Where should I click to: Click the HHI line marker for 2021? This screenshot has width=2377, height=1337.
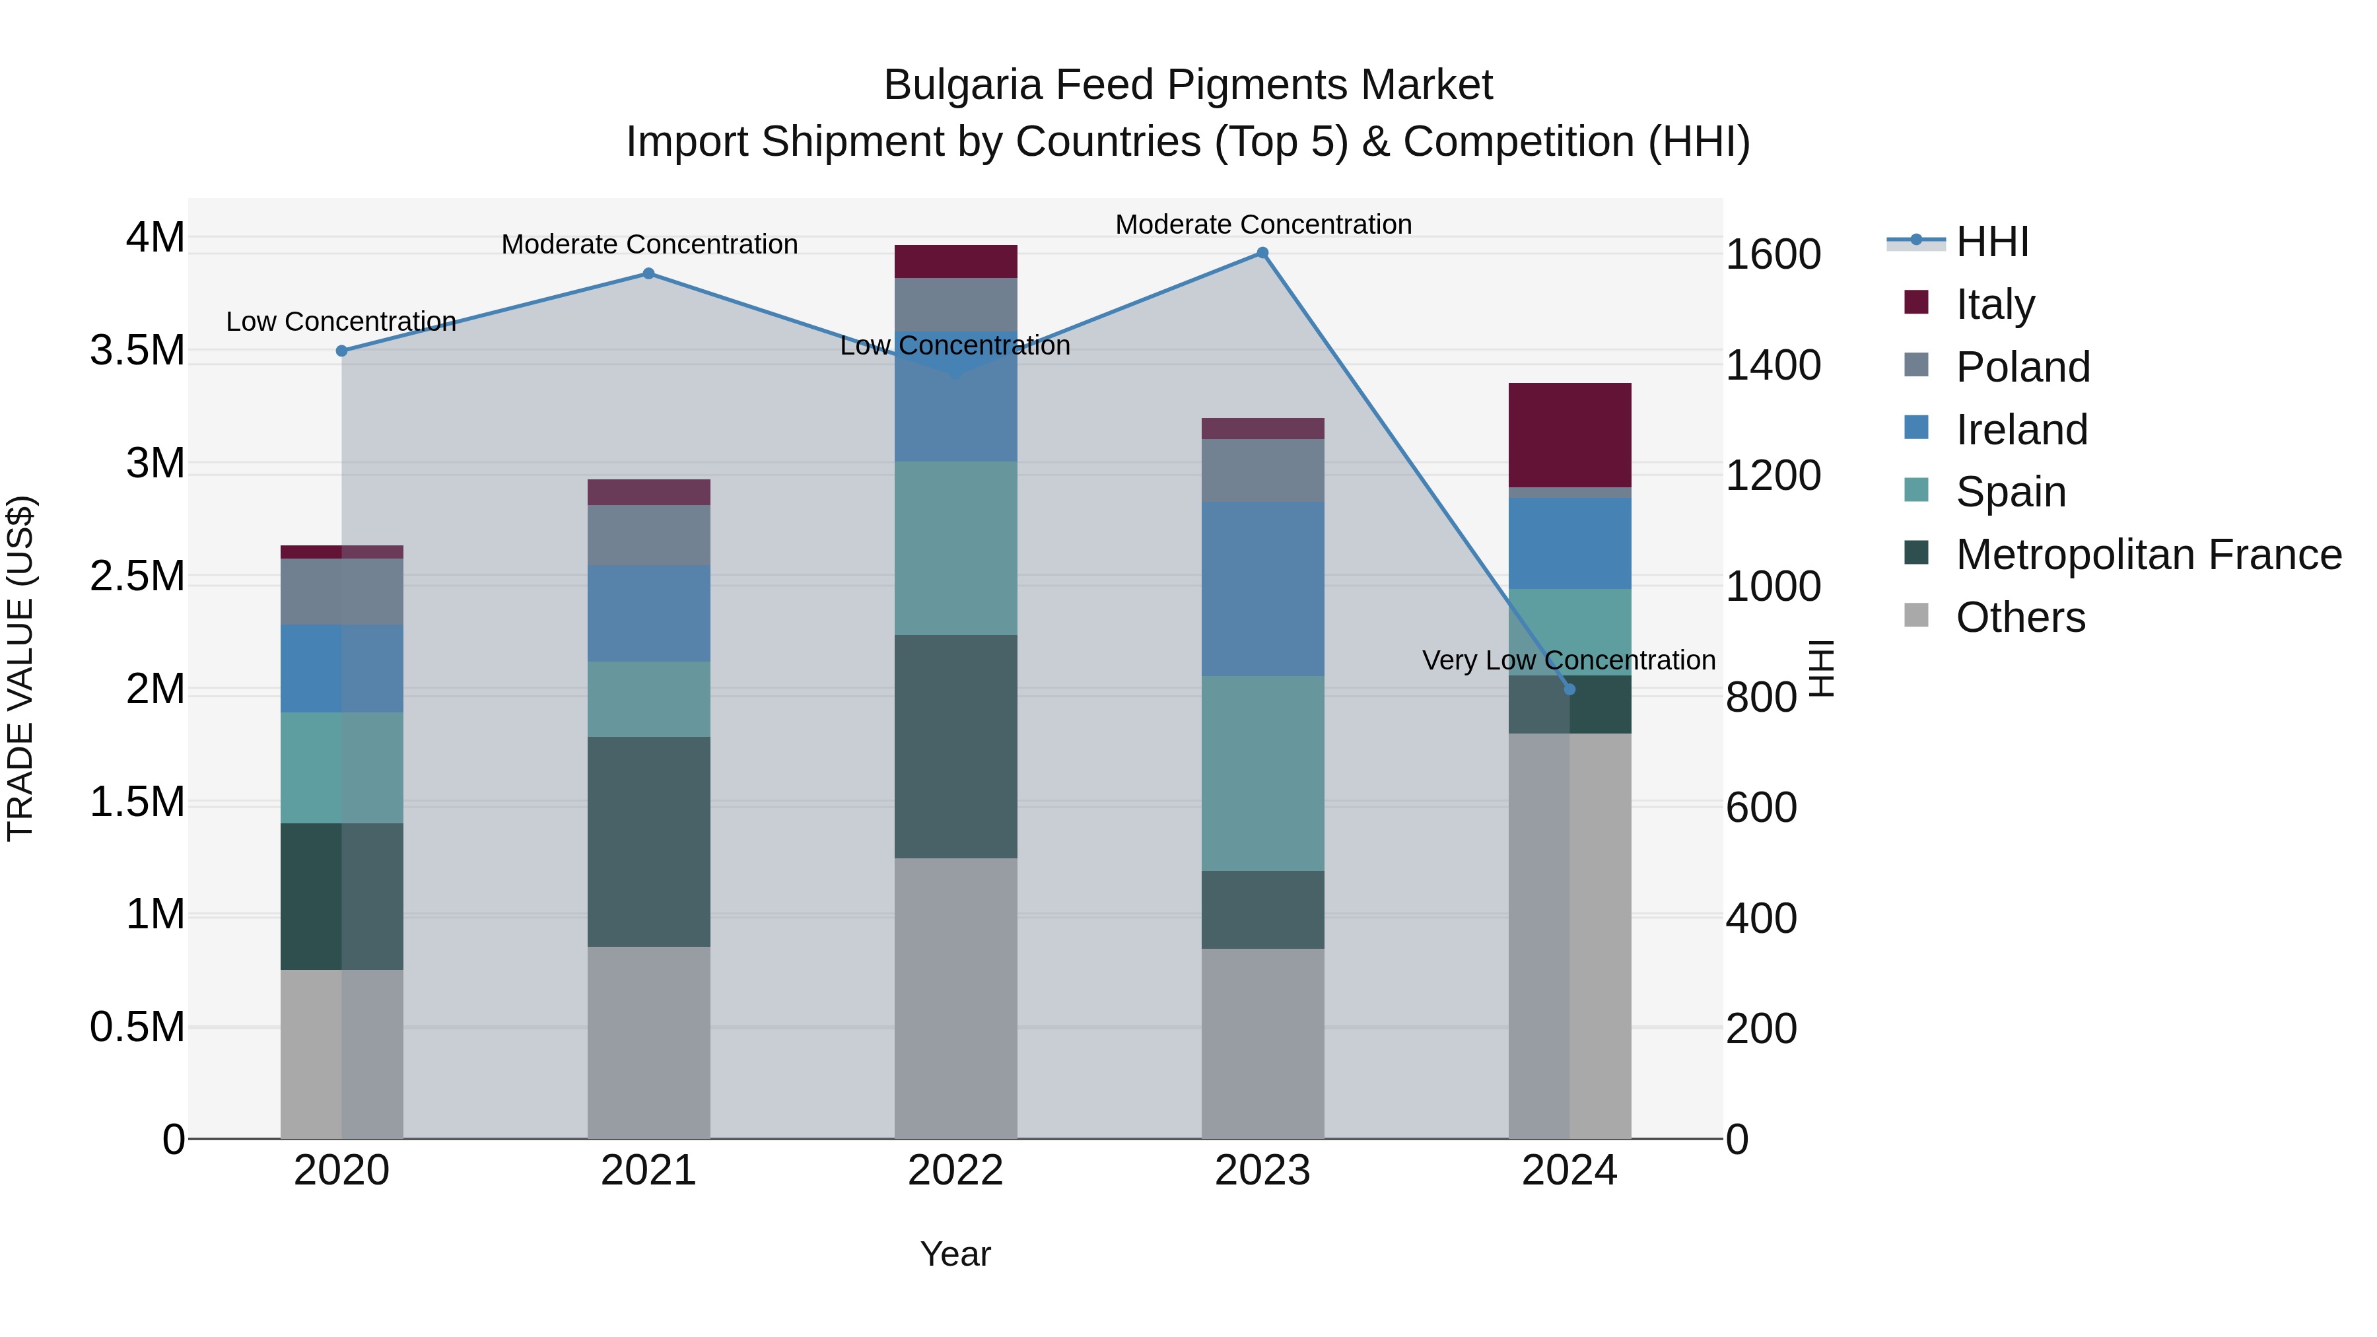point(648,274)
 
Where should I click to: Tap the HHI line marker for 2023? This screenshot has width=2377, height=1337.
point(1262,253)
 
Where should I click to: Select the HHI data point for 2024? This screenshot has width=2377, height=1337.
point(1569,689)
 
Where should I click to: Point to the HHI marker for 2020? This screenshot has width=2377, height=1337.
point(341,351)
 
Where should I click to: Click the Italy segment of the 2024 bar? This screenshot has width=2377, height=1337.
point(1569,434)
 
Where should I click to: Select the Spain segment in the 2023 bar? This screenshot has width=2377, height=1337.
point(1262,773)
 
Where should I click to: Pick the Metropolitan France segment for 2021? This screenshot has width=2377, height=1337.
point(648,842)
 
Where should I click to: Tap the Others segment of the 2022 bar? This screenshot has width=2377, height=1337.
point(956,998)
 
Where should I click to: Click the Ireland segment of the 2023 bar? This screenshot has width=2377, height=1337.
point(1262,589)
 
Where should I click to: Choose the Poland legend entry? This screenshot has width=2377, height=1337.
point(2022,367)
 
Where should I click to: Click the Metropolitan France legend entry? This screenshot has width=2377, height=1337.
point(2147,555)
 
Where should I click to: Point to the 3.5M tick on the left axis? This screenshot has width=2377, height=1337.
point(137,351)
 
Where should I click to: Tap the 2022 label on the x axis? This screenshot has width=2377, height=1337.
point(956,1171)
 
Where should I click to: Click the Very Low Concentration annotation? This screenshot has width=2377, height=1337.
point(1569,661)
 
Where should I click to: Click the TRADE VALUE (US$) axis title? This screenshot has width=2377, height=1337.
point(20,668)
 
